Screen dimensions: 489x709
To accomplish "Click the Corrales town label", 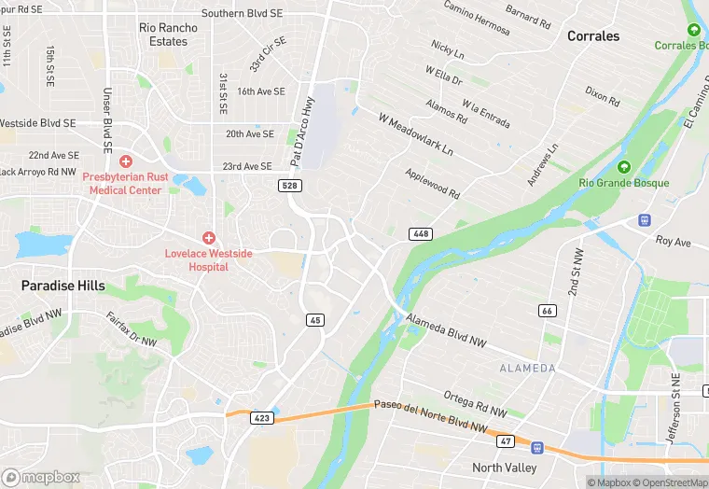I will [x=593, y=36].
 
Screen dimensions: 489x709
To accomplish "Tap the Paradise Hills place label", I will [x=63, y=286].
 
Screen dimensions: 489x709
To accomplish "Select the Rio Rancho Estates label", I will [x=168, y=35].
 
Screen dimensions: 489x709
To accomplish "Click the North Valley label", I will [x=505, y=468].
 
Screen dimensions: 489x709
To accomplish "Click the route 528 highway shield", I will [x=289, y=186].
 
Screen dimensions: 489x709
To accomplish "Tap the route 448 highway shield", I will [x=420, y=233].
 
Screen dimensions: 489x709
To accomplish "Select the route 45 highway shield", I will [x=315, y=319].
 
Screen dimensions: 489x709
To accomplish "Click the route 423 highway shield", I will [x=262, y=418].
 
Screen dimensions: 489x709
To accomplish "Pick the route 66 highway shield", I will [x=548, y=309].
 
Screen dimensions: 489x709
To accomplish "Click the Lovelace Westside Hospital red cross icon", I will [x=209, y=239].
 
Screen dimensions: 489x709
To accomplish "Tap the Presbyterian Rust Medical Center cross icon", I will [x=125, y=161].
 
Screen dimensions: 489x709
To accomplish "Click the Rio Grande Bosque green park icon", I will [x=623, y=167].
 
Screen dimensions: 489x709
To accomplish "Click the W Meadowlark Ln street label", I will [x=415, y=134].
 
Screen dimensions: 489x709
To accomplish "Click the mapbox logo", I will [x=41, y=477].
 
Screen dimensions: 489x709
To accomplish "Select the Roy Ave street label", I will [x=673, y=241].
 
